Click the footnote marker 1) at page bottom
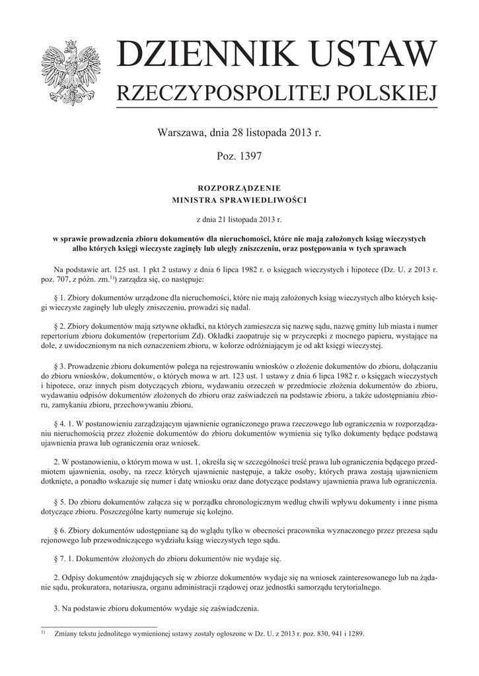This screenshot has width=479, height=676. [44, 632]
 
